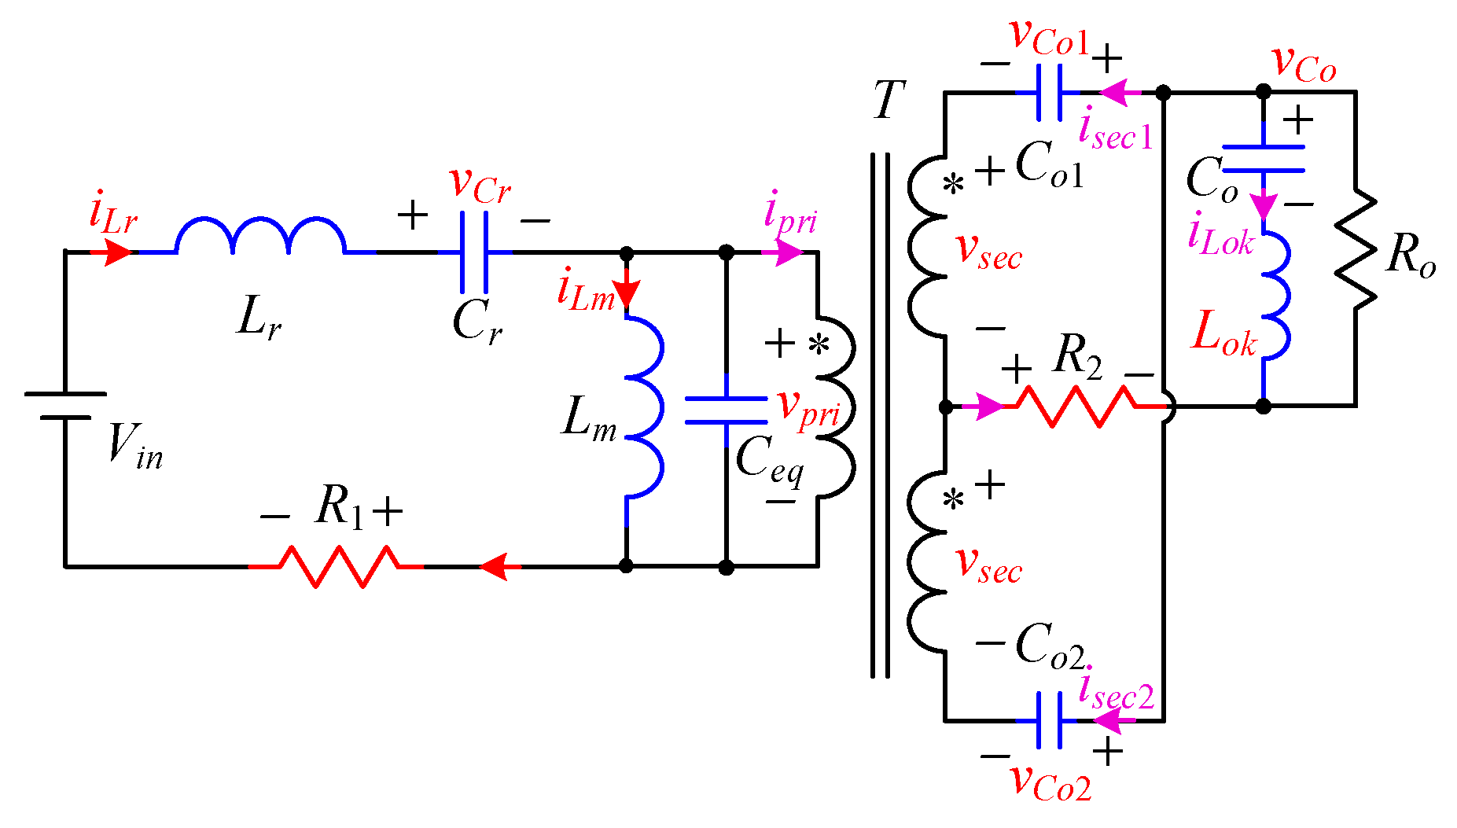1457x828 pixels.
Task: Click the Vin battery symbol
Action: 65,405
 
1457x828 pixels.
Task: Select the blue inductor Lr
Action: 259,236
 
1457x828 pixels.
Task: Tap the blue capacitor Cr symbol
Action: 474,252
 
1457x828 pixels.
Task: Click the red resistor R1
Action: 338,566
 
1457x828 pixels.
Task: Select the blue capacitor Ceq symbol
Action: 726,410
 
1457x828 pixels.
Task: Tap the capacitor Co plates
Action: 1263,158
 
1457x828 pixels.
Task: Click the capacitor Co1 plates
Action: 1049,93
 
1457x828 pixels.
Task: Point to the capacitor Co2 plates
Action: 1049,720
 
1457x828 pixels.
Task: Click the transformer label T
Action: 889,101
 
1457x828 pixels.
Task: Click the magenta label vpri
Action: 808,410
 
